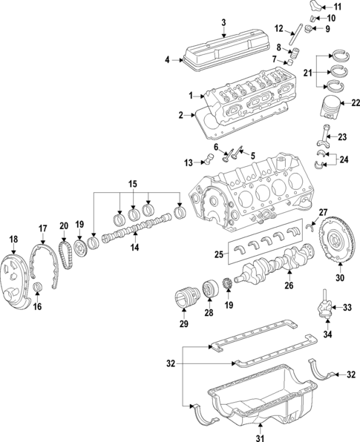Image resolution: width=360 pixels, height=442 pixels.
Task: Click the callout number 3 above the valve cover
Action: [223, 22]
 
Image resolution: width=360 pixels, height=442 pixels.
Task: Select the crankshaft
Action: [275, 263]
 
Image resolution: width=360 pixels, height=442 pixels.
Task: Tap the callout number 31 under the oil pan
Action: [261, 435]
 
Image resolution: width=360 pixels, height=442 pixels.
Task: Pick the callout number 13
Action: [189, 162]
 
